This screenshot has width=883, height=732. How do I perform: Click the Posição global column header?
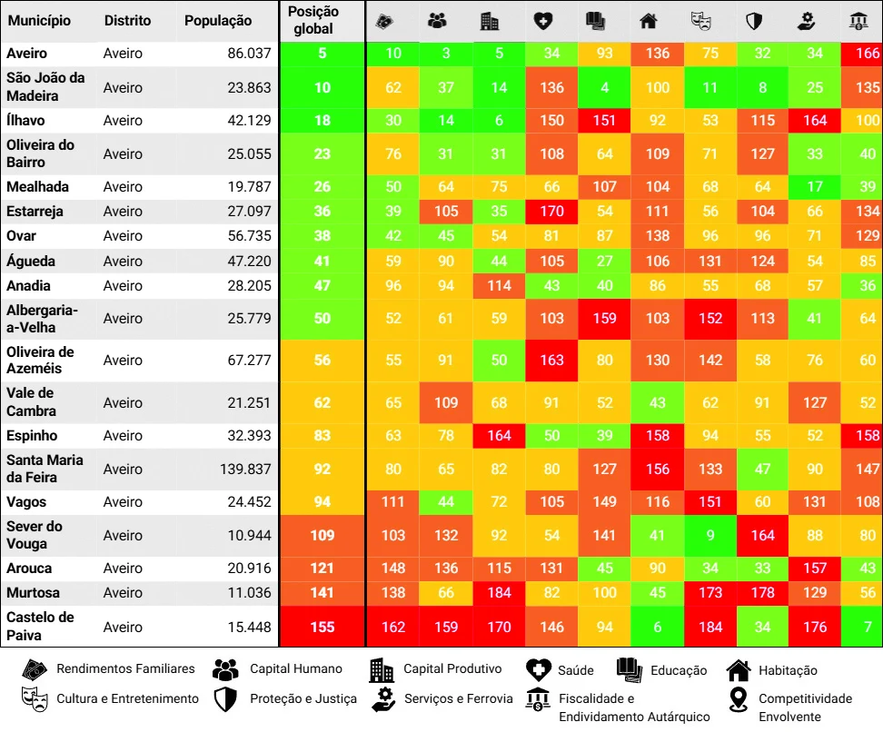pyautogui.click(x=313, y=20)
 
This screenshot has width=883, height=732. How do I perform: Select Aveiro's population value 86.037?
pyautogui.click(x=249, y=54)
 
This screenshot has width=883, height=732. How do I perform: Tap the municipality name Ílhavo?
pyautogui.click(x=25, y=120)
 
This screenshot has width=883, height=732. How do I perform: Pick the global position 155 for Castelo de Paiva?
pyautogui.click(x=322, y=627)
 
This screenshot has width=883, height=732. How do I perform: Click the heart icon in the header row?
pyautogui.click(x=543, y=22)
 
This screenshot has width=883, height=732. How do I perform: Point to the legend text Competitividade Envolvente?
pyautogui.click(x=805, y=707)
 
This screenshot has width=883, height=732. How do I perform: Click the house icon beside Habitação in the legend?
pyautogui.click(x=739, y=669)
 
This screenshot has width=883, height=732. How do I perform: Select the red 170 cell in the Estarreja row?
pyautogui.click(x=552, y=211)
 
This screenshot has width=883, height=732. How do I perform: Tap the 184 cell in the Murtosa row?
pyautogui.click(x=499, y=592)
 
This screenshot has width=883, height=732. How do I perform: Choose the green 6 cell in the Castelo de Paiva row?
pyautogui.click(x=657, y=627)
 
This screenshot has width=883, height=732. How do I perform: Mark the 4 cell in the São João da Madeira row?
pyautogui.click(x=604, y=87)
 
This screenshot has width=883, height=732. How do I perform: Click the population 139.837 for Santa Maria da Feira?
pyautogui.click(x=245, y=469)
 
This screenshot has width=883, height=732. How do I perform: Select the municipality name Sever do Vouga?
pyautogui.click(x=35, y=535)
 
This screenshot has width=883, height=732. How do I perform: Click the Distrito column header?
pyautogui.click(x=127, y=21)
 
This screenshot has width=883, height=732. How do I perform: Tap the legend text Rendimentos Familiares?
pyautogui.click(x=125, y=668)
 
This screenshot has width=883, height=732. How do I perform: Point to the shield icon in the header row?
pyautogui.click(x=753, y=22)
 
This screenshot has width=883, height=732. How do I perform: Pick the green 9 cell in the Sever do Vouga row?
pyautogui.click(x=710, y=535)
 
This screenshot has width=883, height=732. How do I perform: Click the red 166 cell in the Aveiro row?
pyautogui.click(x=862, y=54)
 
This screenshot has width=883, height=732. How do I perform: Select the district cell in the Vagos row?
pyautogui.click(x=123, y=501)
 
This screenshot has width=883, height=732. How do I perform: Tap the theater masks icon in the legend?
pyautogui.click(x=35, y=698)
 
